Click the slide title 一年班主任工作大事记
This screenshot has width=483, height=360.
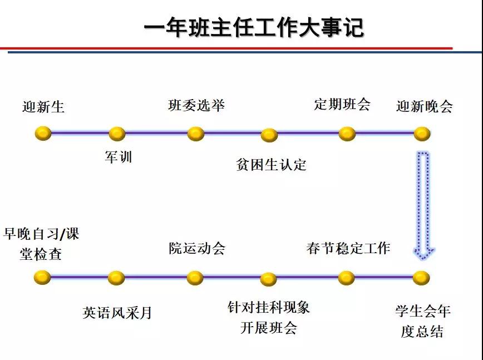(253, 27)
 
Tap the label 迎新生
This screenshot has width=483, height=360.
(43, 106)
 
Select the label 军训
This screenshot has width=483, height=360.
(119, 157)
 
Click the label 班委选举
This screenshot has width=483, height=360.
(196, 105)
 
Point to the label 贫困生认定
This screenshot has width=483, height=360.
(271, 165)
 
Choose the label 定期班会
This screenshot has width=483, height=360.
(342, 104)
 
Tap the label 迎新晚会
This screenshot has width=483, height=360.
(424, 106)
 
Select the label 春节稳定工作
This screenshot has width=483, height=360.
(348, 248)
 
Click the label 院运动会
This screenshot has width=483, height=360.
(197, 248)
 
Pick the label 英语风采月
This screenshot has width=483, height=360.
(117, 313)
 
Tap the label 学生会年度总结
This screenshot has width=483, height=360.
(422, 321)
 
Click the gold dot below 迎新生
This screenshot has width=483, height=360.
(43, 134)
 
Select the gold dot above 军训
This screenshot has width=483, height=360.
(117, 134)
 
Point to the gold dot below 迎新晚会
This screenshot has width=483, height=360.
(422, 134)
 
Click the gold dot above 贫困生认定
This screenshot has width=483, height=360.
(269, 135)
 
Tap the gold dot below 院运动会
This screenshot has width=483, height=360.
(195, 278)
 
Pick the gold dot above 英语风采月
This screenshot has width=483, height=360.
(116, 278)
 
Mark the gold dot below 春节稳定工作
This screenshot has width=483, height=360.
(346, 278)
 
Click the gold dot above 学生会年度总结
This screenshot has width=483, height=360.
(421, 278)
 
